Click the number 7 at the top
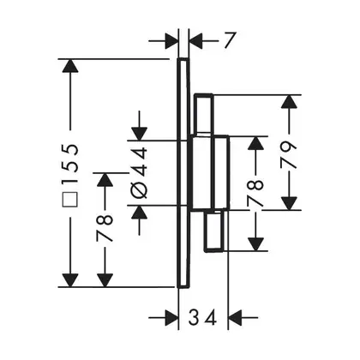click(228, 40)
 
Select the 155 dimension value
click(70, 164)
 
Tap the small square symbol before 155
click(70, 199)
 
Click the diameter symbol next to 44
click(140, 190)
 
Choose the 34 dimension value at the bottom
click(202, 317)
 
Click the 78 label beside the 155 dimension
click(105, 228)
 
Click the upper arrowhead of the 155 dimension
click(70, 67)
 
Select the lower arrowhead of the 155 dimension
click(70, 279)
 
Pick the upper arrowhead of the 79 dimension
click(289, 102)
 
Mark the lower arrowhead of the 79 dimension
click(289, 202)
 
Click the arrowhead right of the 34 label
click(237, 317)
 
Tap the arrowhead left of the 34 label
click(171, 317)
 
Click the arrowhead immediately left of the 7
click(171, 41)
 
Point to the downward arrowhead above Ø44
click(140, 134)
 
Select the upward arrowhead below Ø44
click(140, 213)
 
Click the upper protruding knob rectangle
click(203, 113)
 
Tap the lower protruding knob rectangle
click(213, 231)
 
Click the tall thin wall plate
click(183, 173)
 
